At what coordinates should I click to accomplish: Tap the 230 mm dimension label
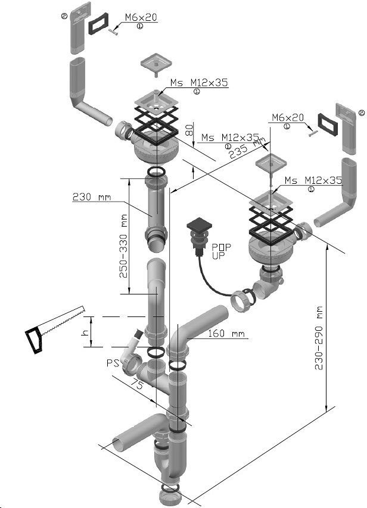(x=91, y=197)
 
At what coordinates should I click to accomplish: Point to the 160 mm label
(x=227, y=334)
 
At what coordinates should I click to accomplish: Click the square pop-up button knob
(x=199, y=227)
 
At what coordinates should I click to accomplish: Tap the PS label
(x=112, y=362)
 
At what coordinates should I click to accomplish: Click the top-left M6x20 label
(x=141, y=18)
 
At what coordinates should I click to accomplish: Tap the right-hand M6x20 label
(x=288, y=118)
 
